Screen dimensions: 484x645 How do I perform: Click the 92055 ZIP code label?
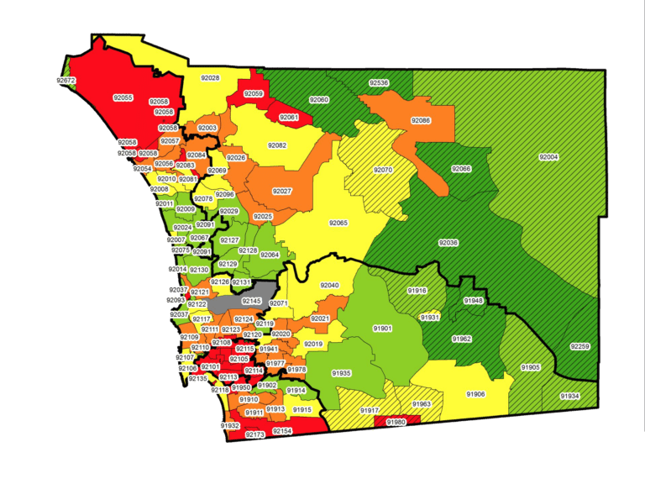(123, 97)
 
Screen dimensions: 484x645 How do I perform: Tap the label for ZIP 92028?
(210, 78)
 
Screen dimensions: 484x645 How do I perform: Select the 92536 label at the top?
(379, 83)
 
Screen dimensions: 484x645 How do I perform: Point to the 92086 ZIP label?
(420, 120)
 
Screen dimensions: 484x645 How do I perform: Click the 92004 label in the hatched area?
(548, 157)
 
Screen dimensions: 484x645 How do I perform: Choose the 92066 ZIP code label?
(461, 169)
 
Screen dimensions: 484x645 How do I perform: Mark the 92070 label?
(383, 170)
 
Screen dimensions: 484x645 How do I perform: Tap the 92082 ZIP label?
(277, 145)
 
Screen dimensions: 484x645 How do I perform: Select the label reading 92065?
(338, 223)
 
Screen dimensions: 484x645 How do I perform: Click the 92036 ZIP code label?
(448, 243)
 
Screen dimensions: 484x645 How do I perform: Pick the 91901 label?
(382, 328)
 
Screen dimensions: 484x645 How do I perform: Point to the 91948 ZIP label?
(473, 300)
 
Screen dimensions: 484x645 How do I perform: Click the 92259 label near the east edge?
(579, 346)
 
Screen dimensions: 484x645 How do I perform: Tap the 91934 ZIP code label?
(569, 395)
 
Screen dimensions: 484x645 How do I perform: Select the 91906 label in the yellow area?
(475, 393)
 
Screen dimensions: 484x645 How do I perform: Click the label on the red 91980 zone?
(396, 422)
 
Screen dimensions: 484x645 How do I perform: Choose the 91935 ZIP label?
(341, 372)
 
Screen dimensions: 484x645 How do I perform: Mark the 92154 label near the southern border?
(283, 430)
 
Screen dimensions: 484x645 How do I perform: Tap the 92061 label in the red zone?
(288, 117)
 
